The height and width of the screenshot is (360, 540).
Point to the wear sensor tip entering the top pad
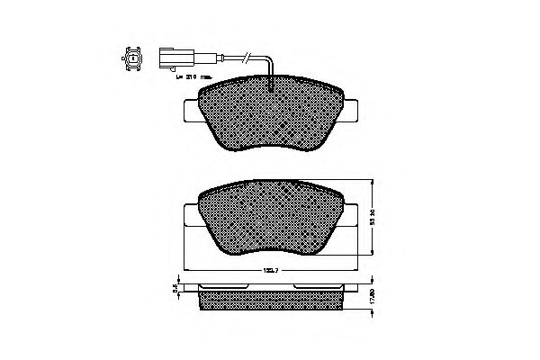coord(273,85)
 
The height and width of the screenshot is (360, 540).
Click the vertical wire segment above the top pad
coord(273,72)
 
